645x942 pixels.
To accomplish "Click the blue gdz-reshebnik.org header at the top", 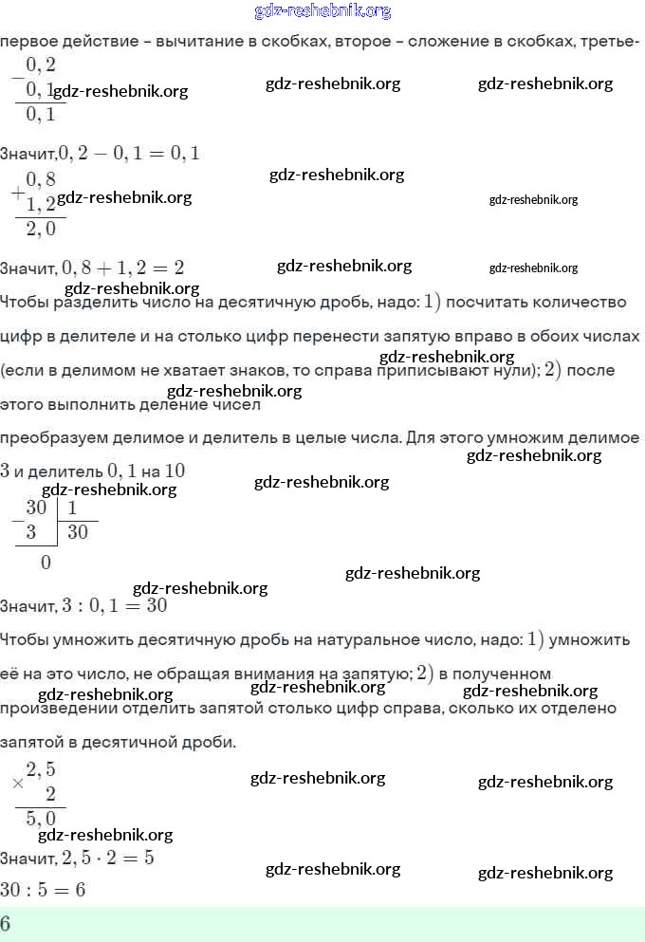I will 322,11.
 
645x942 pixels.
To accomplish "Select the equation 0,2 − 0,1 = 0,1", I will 129,153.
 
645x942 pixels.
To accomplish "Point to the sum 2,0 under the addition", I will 41,229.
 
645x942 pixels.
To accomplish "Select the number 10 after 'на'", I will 175,471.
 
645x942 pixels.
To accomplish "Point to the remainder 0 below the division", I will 46,563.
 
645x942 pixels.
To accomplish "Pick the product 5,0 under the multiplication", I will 41,818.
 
